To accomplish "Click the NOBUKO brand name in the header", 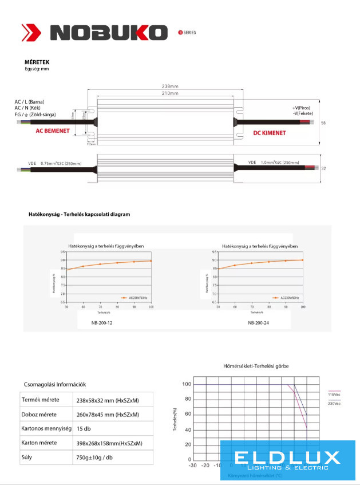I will pos(107,32).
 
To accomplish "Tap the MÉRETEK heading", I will pos(35,62).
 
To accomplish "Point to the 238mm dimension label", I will pos(170,86).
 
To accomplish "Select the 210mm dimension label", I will pos(170,93).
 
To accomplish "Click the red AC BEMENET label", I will pos(53,131).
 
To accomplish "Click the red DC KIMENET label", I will pos(270,133).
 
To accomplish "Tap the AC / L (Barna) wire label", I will pos(29,102).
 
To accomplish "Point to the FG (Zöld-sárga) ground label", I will pos(35,115).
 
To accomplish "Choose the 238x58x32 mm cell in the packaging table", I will pos(108,400).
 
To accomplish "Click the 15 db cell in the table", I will pos(84,428).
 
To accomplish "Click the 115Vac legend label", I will pos(334,395).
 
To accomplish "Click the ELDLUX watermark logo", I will pos(287,459).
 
